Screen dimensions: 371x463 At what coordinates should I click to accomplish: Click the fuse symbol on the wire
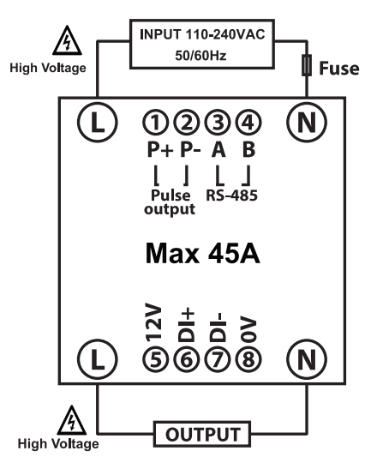coord(307,65)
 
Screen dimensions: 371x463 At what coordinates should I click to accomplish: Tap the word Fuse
coord(339,69)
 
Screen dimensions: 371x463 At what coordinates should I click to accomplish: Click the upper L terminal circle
coord(98,122)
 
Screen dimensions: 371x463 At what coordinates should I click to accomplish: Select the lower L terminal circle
coord(98,358)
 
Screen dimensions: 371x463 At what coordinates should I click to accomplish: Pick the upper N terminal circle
coord(307,122)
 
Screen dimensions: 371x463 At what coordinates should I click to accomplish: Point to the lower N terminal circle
coord(307,358)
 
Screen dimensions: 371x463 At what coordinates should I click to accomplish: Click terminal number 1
coord(156,123)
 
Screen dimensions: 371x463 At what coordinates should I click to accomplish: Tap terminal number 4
coord(248,123)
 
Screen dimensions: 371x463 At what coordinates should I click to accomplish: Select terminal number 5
coord(156,359)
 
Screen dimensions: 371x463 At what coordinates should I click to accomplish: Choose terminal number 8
coord(248,359)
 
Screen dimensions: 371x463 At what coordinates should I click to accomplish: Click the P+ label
coord(159,150)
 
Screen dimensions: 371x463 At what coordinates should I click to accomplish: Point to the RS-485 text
coord(231,195)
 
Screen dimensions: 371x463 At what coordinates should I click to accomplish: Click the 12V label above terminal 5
coord(153,322)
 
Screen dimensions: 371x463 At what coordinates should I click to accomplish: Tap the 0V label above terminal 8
coord(248,329)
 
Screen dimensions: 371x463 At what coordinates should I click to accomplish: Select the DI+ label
coord(186,325)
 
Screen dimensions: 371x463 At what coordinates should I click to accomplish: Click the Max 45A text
coord(203,253)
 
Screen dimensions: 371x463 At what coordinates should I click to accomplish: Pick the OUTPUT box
coord(202,434)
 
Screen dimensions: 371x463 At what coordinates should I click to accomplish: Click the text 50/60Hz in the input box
coord(200,55)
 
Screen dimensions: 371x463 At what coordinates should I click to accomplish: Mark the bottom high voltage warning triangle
coord(71,420)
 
